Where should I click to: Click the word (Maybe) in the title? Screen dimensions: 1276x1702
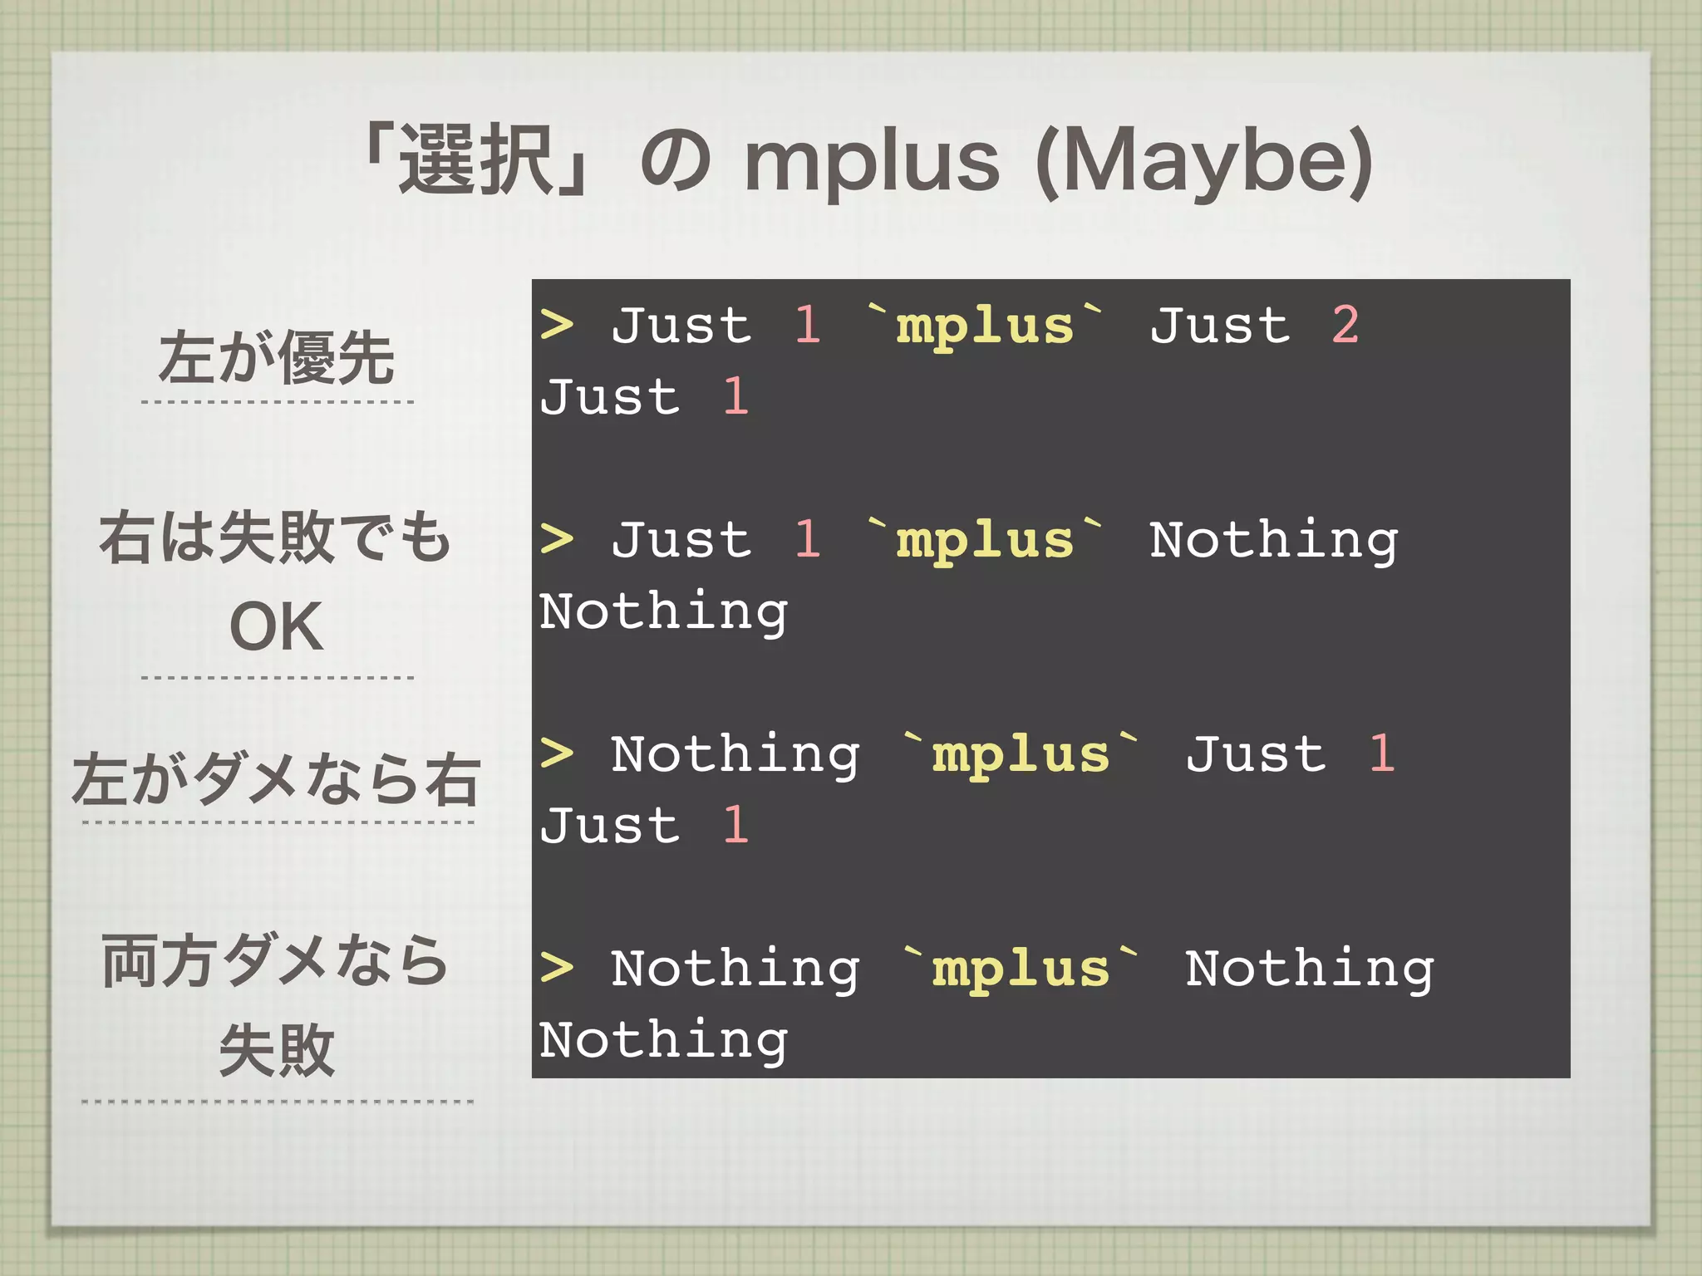[1204, 162]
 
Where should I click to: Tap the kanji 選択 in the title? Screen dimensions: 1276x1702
[477, 160]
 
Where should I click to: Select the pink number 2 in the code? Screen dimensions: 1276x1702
[1345, 325]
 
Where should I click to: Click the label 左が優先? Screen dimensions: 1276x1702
[276, 358]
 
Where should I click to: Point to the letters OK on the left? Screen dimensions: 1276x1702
[276, 627]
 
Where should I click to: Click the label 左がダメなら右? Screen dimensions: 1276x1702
[276, 779]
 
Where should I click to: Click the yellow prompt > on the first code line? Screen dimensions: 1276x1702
[556, 325]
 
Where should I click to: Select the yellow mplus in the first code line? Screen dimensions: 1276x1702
[985, 326]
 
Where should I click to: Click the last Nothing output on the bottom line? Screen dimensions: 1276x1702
[663, 1040]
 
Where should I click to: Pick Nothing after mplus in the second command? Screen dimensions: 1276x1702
[1273, 541]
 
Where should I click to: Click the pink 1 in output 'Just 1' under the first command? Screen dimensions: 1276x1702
[735, 396]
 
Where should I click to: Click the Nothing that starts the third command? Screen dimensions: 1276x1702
[735, 755]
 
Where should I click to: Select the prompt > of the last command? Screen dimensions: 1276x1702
[556, 968]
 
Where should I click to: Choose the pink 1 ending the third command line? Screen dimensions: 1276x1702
[1381, 754]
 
